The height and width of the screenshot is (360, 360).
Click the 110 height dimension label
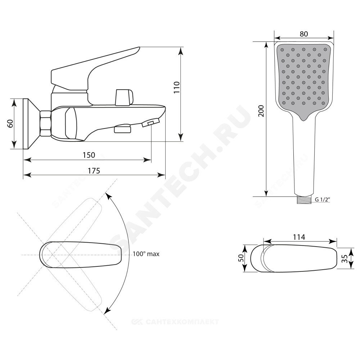[176, 87]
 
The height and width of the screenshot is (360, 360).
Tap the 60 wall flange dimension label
[10, 124]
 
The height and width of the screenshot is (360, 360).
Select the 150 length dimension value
[89, 155]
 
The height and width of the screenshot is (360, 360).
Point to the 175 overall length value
[94, 171]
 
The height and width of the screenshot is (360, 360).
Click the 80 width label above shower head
[304, 34]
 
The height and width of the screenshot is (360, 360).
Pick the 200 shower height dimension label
[261, 111]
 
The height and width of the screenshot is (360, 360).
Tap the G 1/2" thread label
[322, 199]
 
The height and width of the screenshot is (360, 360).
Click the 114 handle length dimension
[299, 237]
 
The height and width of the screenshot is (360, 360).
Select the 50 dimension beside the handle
[241, 258]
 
